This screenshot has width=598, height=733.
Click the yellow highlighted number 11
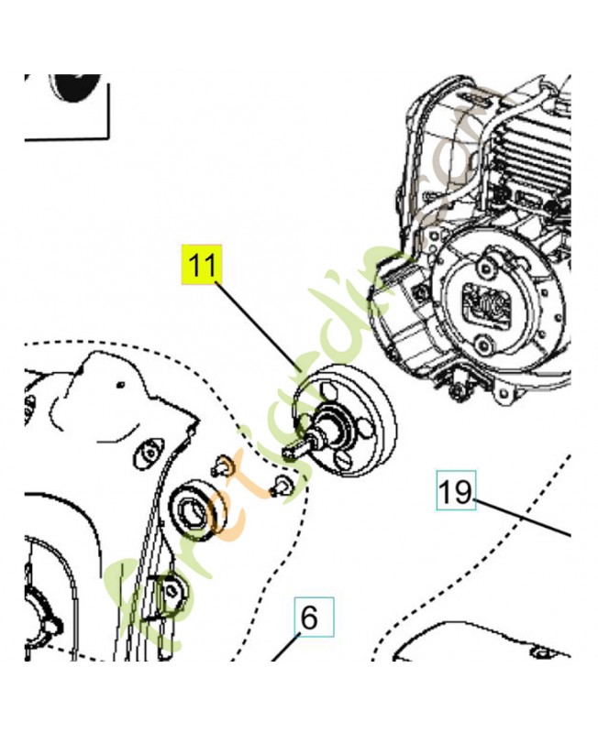[x=202, y=266]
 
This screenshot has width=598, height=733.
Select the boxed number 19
[x=455, y=491]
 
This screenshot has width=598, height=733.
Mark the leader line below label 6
[x=284, y=650]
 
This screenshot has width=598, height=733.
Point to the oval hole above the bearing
[x=145, y=453]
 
